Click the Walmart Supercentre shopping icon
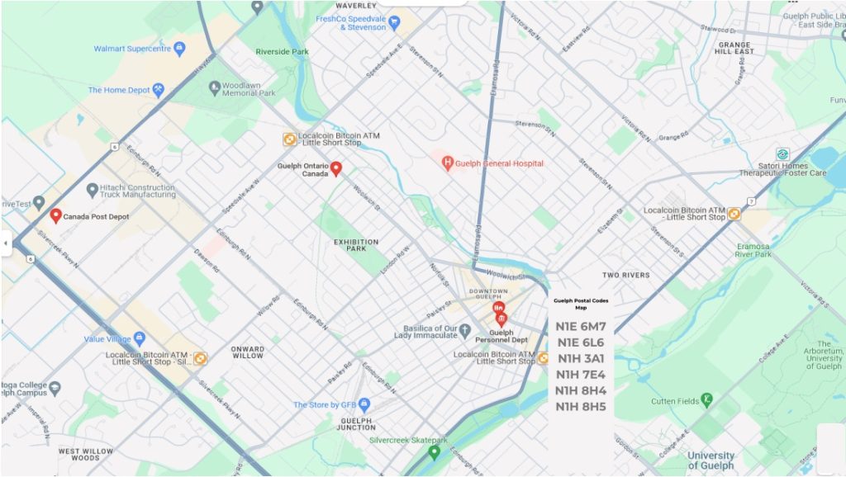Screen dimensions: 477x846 coord(179,49)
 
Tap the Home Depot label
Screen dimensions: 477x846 coord(119,90)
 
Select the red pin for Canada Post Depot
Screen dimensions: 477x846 coord(55,216)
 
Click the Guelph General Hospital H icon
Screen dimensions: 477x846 coord(448,163)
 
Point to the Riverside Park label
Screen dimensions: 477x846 coord(282,51)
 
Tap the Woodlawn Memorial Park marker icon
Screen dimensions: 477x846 coord(215,87)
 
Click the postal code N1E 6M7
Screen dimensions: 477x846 coord(580,327)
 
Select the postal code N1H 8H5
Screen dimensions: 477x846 coord(580,406)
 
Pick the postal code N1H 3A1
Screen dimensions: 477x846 coord(580,358)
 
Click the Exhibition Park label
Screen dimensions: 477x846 coord(356,245)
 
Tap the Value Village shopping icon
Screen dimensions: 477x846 coord(139,338)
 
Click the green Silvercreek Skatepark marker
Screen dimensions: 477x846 coord(434,452)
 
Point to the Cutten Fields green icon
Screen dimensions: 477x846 coord(706,401)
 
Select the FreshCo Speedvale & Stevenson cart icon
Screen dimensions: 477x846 coord(395,21)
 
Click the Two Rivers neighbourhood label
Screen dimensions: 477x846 coord(625,275)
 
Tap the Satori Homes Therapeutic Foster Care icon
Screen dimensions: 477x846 coord(782,154)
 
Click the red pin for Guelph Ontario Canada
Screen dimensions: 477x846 coord(336,168)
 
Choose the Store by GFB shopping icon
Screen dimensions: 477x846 coord(364,404)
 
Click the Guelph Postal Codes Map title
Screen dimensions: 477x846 coord(580,304)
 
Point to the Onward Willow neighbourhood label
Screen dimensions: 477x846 coord(248,352)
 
